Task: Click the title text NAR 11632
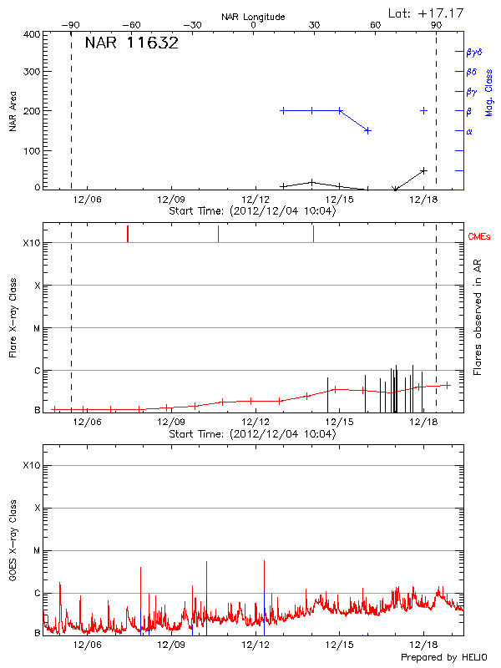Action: tap(132, 43)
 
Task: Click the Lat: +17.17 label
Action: tap(427, 13)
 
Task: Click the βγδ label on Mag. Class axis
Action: tap(473, 52)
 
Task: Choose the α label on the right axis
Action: tap(469, 131)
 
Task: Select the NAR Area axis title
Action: tap(13, 112)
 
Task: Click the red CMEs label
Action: tap(480, 237)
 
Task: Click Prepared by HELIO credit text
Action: tap(443, 658)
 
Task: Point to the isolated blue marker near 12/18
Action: tap(424, 110)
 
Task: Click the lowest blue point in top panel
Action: tap(367, 130)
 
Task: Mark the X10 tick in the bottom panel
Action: tap(32, 465)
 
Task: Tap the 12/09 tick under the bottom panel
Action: tap(171, 645)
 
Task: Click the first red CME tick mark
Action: tap(127, 234)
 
